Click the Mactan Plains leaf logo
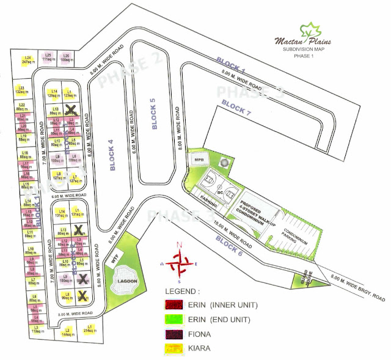click(x=312, y=29)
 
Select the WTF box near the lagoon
click(x=114, y=257)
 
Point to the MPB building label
click(x=199, y=160)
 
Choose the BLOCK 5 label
click(x=153, y=114)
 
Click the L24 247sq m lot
click(x=27, y=59)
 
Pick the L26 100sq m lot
click(x=66, y=57)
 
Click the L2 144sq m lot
click(x=67, y=331)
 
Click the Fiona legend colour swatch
click(x=175, y=334)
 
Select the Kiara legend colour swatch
click(x=175, y=350)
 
